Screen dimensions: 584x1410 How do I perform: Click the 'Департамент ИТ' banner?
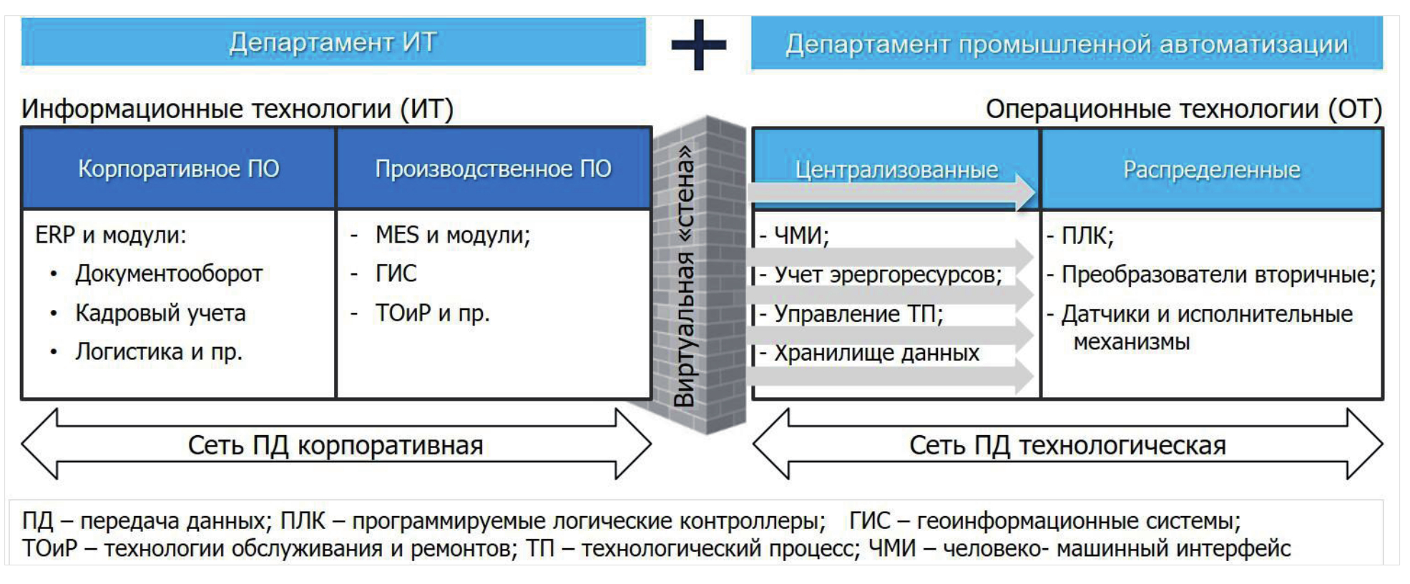pyautogui.click(x=333, y=42)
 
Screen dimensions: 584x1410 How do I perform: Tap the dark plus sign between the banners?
pyautogui.click(x=698, y=44)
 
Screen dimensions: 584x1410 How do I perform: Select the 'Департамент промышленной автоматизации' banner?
pyautogui.click(x=1066, y=44)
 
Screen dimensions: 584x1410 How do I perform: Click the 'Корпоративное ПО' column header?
pyautogui.click(x=179, y=169)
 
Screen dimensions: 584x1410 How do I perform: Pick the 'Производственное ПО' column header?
pyautogui.click(x=493, y=169)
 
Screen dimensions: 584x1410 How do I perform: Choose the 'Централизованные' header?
pyautogui.click(x=896, y=170)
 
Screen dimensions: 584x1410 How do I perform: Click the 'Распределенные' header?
pyautogui.click(x=1211, y=170)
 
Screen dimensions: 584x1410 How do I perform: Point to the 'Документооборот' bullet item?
pyautogui.click(x=169, y=273)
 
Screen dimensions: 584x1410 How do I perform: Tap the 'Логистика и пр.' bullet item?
pyautogui.click(x=159, y=351)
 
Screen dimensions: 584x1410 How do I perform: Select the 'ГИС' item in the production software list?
pyautogui.click(x=396, y=273)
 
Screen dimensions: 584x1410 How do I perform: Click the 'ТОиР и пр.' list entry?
pyautogui.click(x=432, y=313)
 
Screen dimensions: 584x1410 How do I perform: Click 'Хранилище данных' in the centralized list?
pyautogui.click(x=876, y=353)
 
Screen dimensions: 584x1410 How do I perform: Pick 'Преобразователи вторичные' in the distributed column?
pyautogui.click(x=1218, y=274)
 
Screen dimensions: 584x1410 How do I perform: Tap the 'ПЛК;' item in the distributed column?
pyautogui.click(x=1087, y=235)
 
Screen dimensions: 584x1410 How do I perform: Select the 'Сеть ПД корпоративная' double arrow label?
pyautogui.click(x=336, y=445)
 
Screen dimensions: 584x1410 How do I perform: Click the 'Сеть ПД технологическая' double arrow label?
pyautogui.click(x=1067, y=445)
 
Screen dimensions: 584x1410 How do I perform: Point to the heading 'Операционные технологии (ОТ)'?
pyautogui.click(x=1183, y=109)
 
